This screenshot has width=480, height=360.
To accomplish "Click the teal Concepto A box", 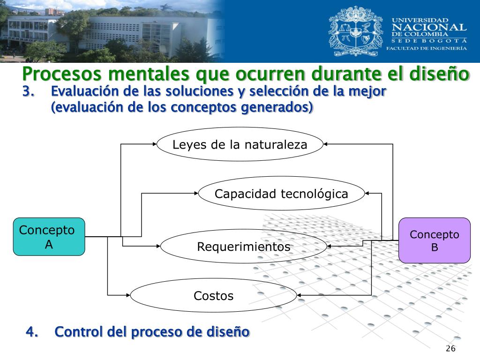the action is pos(49,237).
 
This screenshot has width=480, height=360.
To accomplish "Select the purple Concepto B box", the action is pos(435,240).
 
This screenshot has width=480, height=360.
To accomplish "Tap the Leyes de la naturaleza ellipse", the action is pos(240,144).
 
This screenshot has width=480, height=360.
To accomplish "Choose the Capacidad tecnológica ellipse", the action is pos(281,193).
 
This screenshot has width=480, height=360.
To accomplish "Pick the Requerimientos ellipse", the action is pos(243,246).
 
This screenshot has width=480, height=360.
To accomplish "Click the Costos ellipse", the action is pos(213,295).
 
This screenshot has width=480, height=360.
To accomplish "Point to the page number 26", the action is pos(450,349).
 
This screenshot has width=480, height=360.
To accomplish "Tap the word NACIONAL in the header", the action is pos(429,28).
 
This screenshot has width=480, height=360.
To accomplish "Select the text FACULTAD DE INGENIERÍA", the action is pos(426,48).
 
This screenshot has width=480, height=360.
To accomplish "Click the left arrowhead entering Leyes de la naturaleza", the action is pos(155,144).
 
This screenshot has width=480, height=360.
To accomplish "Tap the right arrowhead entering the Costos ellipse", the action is pos(300,295).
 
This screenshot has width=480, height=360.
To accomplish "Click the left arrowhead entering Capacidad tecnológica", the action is pos(196,193).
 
